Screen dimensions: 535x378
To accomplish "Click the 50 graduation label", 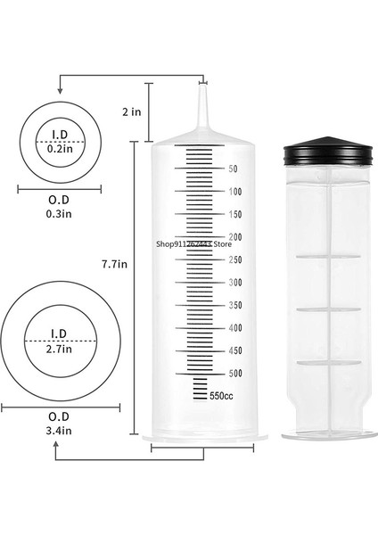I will pos(232,169).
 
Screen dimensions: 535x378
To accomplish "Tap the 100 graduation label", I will pos(234,192).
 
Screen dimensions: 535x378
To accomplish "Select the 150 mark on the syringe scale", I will pos(234,214).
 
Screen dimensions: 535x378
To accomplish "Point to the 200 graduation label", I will pos(234,237).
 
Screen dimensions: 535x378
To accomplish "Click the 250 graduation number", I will pos(234,259).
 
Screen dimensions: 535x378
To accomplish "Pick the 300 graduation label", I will pos(234,283).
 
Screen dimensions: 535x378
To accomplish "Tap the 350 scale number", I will pos(234,305).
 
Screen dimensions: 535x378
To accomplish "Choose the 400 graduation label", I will pos(234,328).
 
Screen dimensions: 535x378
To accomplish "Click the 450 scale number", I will pos(234,350).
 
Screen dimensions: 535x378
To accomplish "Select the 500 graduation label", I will pos(234,374).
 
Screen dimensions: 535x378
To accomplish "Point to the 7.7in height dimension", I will pos(116,264).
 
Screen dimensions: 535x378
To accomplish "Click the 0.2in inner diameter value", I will pos(60,149).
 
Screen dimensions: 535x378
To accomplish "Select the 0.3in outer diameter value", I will pos(60,214).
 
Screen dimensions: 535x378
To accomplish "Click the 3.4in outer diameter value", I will pos(59,432).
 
